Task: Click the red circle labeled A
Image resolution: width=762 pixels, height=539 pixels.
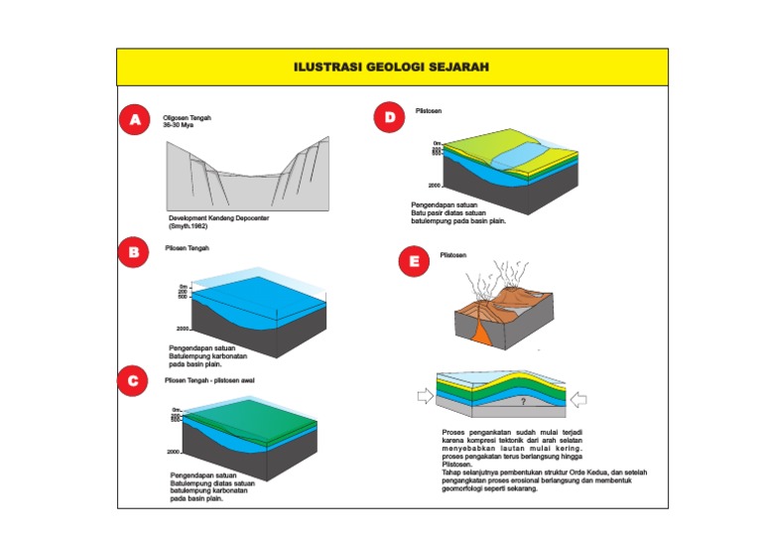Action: point(134,121)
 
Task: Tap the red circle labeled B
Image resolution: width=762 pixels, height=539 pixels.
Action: point(134,252)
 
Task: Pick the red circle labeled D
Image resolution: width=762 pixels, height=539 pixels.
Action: point(390,118)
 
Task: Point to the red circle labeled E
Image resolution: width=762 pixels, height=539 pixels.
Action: point(413,263)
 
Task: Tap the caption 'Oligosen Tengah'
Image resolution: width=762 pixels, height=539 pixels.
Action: point(187,117)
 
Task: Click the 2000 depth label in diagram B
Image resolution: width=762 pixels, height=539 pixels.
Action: point(183,328)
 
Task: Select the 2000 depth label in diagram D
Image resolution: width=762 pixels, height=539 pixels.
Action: point(435,186)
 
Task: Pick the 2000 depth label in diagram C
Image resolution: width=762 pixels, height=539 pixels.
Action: point(174,452)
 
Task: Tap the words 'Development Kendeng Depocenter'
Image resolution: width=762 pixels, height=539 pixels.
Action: point(218,217)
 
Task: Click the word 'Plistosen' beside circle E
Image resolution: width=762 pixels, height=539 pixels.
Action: point(453,255)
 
